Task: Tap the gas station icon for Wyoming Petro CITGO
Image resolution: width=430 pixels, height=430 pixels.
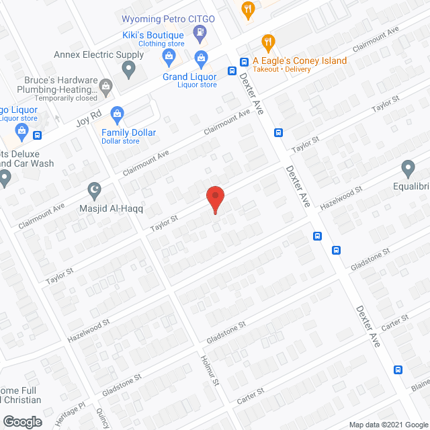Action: pos(200,32)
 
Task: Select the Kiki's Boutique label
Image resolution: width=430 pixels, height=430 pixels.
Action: pos(153,35)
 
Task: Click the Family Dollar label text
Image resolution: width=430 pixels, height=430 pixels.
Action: pos(128,132)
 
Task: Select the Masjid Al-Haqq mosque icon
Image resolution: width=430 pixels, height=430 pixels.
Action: pos(94,190)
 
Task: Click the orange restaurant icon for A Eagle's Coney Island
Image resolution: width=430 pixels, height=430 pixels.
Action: pos(268,43)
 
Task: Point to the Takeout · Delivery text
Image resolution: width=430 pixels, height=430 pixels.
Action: pos(300,70)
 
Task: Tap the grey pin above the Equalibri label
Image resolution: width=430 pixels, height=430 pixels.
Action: pos(408,167)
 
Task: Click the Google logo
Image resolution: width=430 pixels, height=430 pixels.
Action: pos(21,422)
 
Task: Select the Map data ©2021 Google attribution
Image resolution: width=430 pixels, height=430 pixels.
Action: pos(387,425)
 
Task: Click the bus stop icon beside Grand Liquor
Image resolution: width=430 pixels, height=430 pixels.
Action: pos(232,71)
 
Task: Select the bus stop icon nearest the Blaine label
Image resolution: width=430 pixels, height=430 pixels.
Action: pos(398,370)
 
